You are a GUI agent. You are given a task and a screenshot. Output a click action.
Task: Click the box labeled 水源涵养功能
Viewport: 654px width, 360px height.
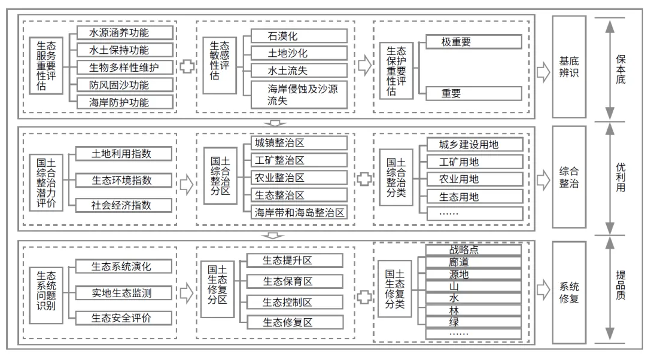click(125, 32)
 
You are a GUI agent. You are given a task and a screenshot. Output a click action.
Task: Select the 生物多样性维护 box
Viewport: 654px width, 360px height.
click(125, 66)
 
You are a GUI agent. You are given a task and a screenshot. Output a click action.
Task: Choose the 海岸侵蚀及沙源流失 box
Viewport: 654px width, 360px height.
click(299, 94)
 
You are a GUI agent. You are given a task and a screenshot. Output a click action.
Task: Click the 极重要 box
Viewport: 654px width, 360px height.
click(473, 42)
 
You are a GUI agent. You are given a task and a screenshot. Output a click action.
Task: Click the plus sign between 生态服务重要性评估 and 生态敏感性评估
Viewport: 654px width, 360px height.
click(187, 66)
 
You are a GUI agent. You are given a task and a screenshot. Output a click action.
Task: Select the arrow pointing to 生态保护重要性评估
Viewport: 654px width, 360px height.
click(364, 66)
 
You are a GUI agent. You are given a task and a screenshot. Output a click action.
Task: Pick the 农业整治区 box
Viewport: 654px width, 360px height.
click(299, 178)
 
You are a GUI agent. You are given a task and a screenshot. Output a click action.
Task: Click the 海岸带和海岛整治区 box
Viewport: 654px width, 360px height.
click(299, 212)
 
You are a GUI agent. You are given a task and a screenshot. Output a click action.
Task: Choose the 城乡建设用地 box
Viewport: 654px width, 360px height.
click(473, 144)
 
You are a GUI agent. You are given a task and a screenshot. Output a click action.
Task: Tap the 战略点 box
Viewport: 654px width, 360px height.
click(473, 249)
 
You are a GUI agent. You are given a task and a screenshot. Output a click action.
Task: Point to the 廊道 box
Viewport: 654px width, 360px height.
click(473, 262)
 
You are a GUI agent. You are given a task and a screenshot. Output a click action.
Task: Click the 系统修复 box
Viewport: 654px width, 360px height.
click(569, 291)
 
